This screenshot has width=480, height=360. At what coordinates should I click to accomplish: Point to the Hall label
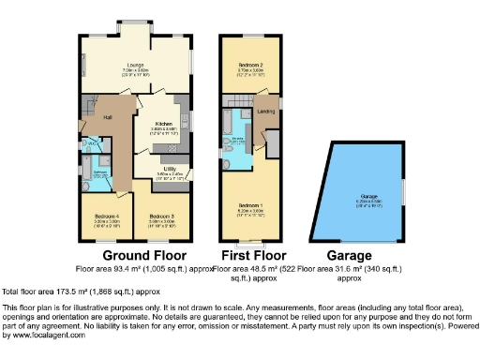(x=95, y=118)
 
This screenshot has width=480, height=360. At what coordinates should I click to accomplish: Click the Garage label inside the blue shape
(x=367, y=197)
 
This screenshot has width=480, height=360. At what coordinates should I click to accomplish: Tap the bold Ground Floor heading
(x=143, y=255)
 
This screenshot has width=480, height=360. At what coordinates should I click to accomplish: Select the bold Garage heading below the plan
(x=349, y=255)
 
